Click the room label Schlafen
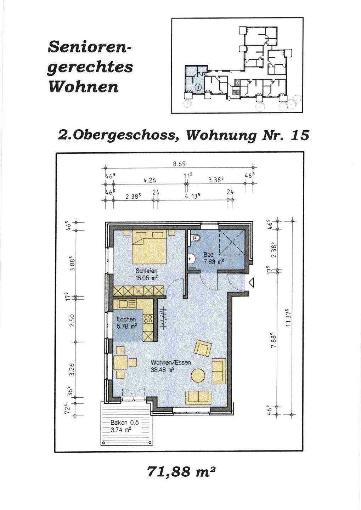(x=146, y=271)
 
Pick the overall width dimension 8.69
(x=180, y=164)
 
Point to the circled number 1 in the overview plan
(x=199, y=87)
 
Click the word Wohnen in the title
(x=84, y=87)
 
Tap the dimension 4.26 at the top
(x=150, y=180)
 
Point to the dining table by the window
(x=120, y=362)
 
